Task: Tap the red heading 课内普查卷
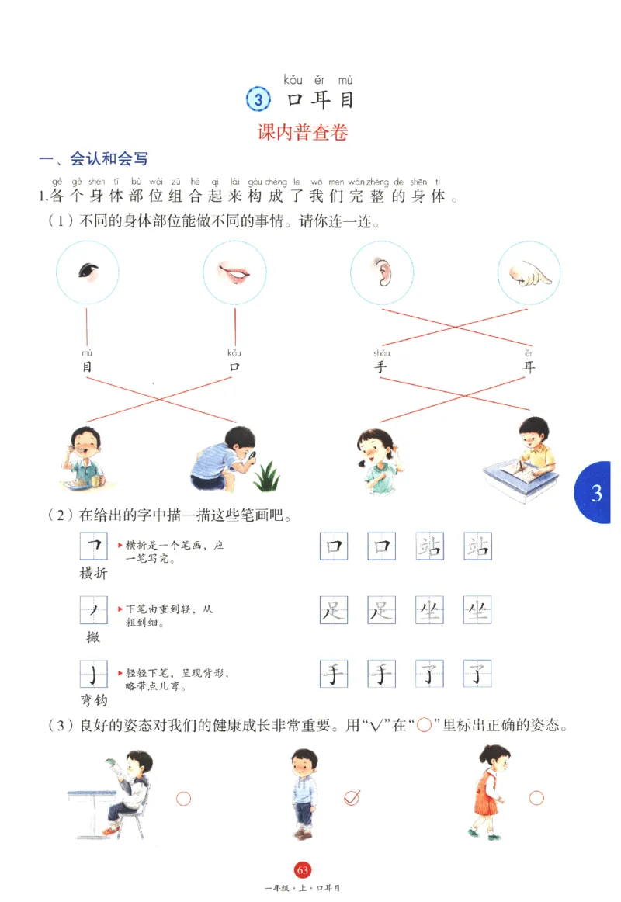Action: [x=303, y=132]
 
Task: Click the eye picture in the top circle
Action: [x=88, y=271]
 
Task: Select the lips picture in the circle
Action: [x=234, y=271]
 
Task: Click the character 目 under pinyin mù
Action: [x=87, y=367]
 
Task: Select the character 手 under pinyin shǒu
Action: [x=380, y=367]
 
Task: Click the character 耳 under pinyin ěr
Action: [x=529, y=367]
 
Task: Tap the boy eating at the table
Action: [x=82, y=458]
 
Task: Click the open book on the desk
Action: [x=512, y=470]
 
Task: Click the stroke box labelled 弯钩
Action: [x=93, y=674]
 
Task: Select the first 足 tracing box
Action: [x=334, y=612]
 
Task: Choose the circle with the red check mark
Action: [x=352, y=797]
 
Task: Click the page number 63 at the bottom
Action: [x=302, y=869]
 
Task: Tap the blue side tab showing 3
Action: [x=595, y=493]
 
